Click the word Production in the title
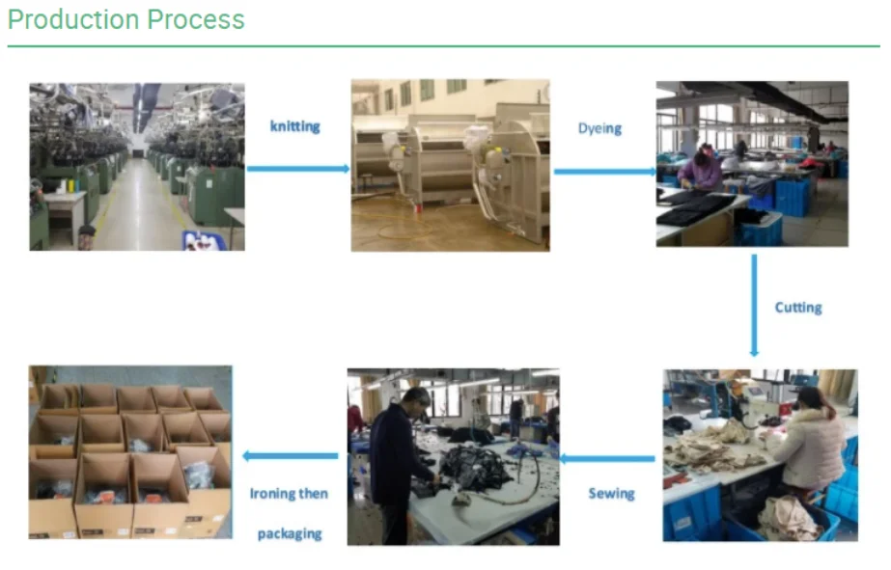pyautogui.click(x=73, y=19)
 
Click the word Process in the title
pyautogui.click(x=196, y=19)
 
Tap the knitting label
pyautogui.click(x=295, y=126)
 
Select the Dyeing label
pyautogui.click(x=599, y=128)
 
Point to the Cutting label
pyautogui.click(x=798, y=307)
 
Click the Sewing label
pyautogui.click(x=611, y=494)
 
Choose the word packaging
pyautogui.click(x=290, y=533)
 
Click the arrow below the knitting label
pyautogui.click(x=298, y=169)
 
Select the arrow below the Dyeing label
pyautogui.click(x=605, y=172)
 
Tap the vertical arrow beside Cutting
pyautogui.click(x=754, y=306)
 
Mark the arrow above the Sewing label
pyautogui.click(x=607, y=459)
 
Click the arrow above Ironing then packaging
pyautogui.click(x=291, y=456)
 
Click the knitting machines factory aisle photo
pyautogui.click(x=137, y=167)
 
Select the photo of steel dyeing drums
pyautogui.click(x=451, y=165)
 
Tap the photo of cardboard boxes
pyautogui.click(x=130, y=452)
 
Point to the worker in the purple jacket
pyautogui.click(x=700, y=168)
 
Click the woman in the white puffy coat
pyautogui.click(x=806, y=440)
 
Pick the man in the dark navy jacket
pyautogui.click(x=401, y=463)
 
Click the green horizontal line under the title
pyautogui.click(x=444, y=46)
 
